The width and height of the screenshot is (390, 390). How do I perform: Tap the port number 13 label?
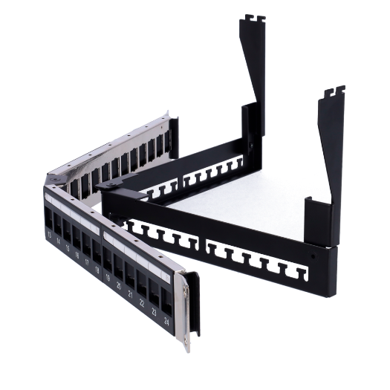[x=49, y=235]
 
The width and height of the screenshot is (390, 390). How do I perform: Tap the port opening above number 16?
[x=77, y=238]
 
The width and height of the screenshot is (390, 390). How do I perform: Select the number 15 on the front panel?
[x=67, y=249]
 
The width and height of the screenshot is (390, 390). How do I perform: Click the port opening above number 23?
[x=154, y=293]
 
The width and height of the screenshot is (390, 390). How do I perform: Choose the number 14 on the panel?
[x=58, y=242]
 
